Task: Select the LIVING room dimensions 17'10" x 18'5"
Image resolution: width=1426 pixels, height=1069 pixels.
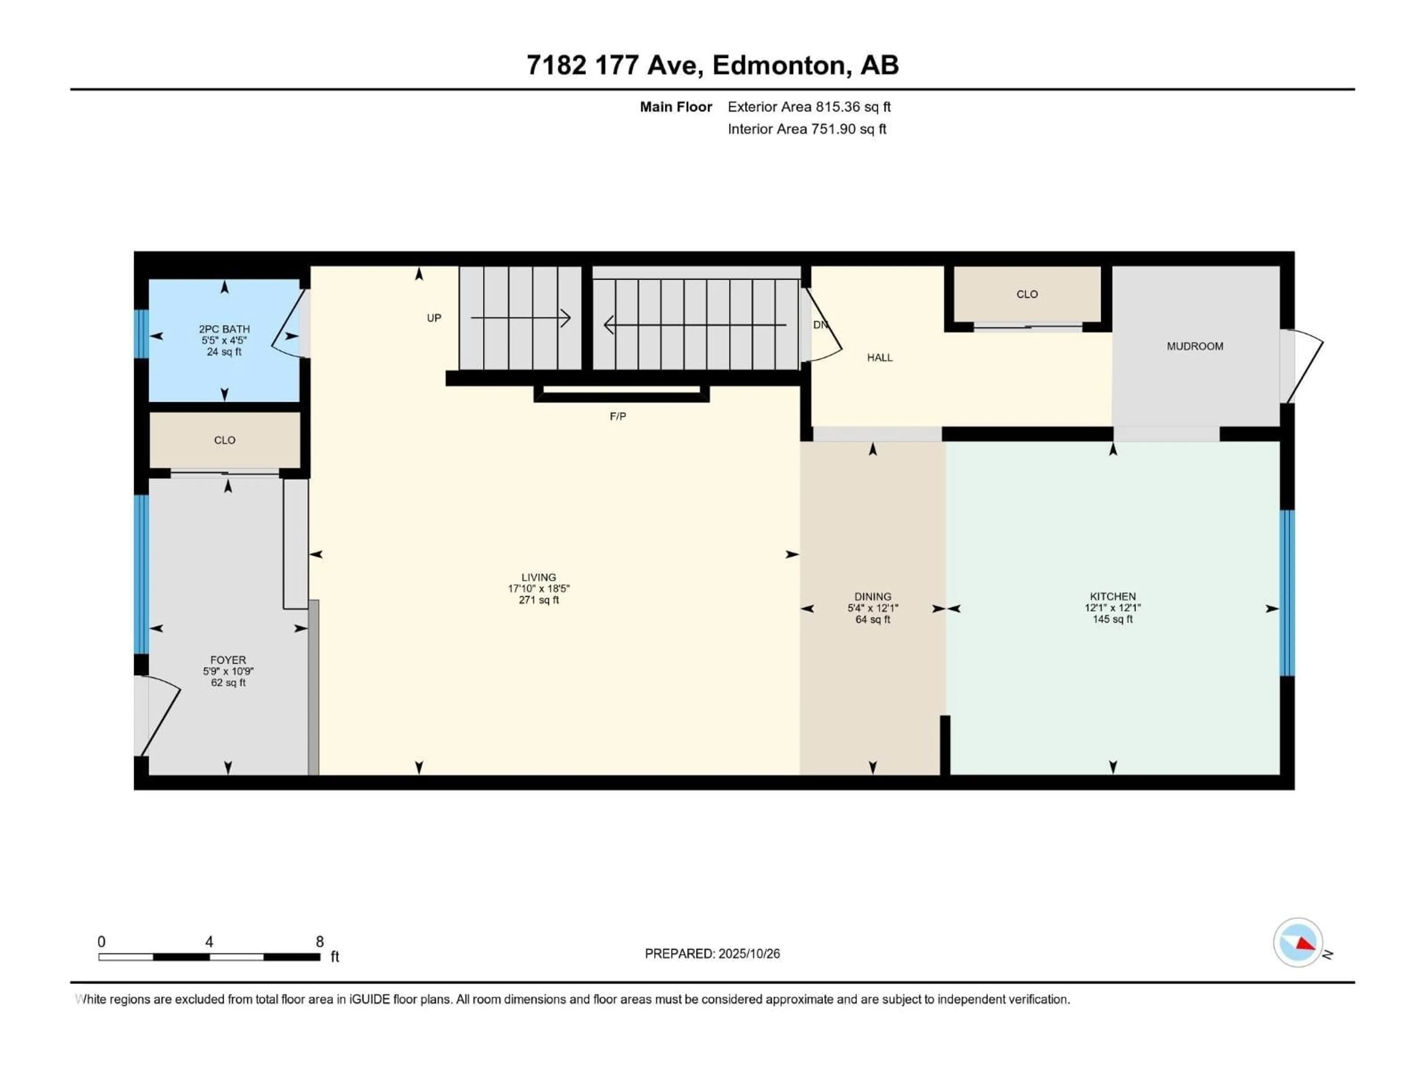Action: [x=538, y=588]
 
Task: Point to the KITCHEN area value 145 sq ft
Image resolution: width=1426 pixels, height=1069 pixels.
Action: [x=1112, y=619]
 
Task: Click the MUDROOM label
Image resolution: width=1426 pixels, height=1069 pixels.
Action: [x=1195, y=346]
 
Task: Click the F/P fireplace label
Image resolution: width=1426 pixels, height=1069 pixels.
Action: [x=618, y=416]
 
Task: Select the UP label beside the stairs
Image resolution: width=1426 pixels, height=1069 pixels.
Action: [x=434, y=318]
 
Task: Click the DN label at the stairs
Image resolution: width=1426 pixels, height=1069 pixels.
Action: [x=819, y=325]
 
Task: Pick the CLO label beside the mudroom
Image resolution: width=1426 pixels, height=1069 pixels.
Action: [x=1026, y=294]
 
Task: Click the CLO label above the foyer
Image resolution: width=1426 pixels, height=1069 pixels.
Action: [x=224, y=440]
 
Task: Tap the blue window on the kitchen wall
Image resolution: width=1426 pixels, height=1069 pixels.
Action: [x=1286, y=593]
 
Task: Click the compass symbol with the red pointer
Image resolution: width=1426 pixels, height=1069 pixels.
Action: [x=1298, y=943]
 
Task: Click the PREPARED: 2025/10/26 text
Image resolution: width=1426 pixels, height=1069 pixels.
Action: [x=712, y=954]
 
